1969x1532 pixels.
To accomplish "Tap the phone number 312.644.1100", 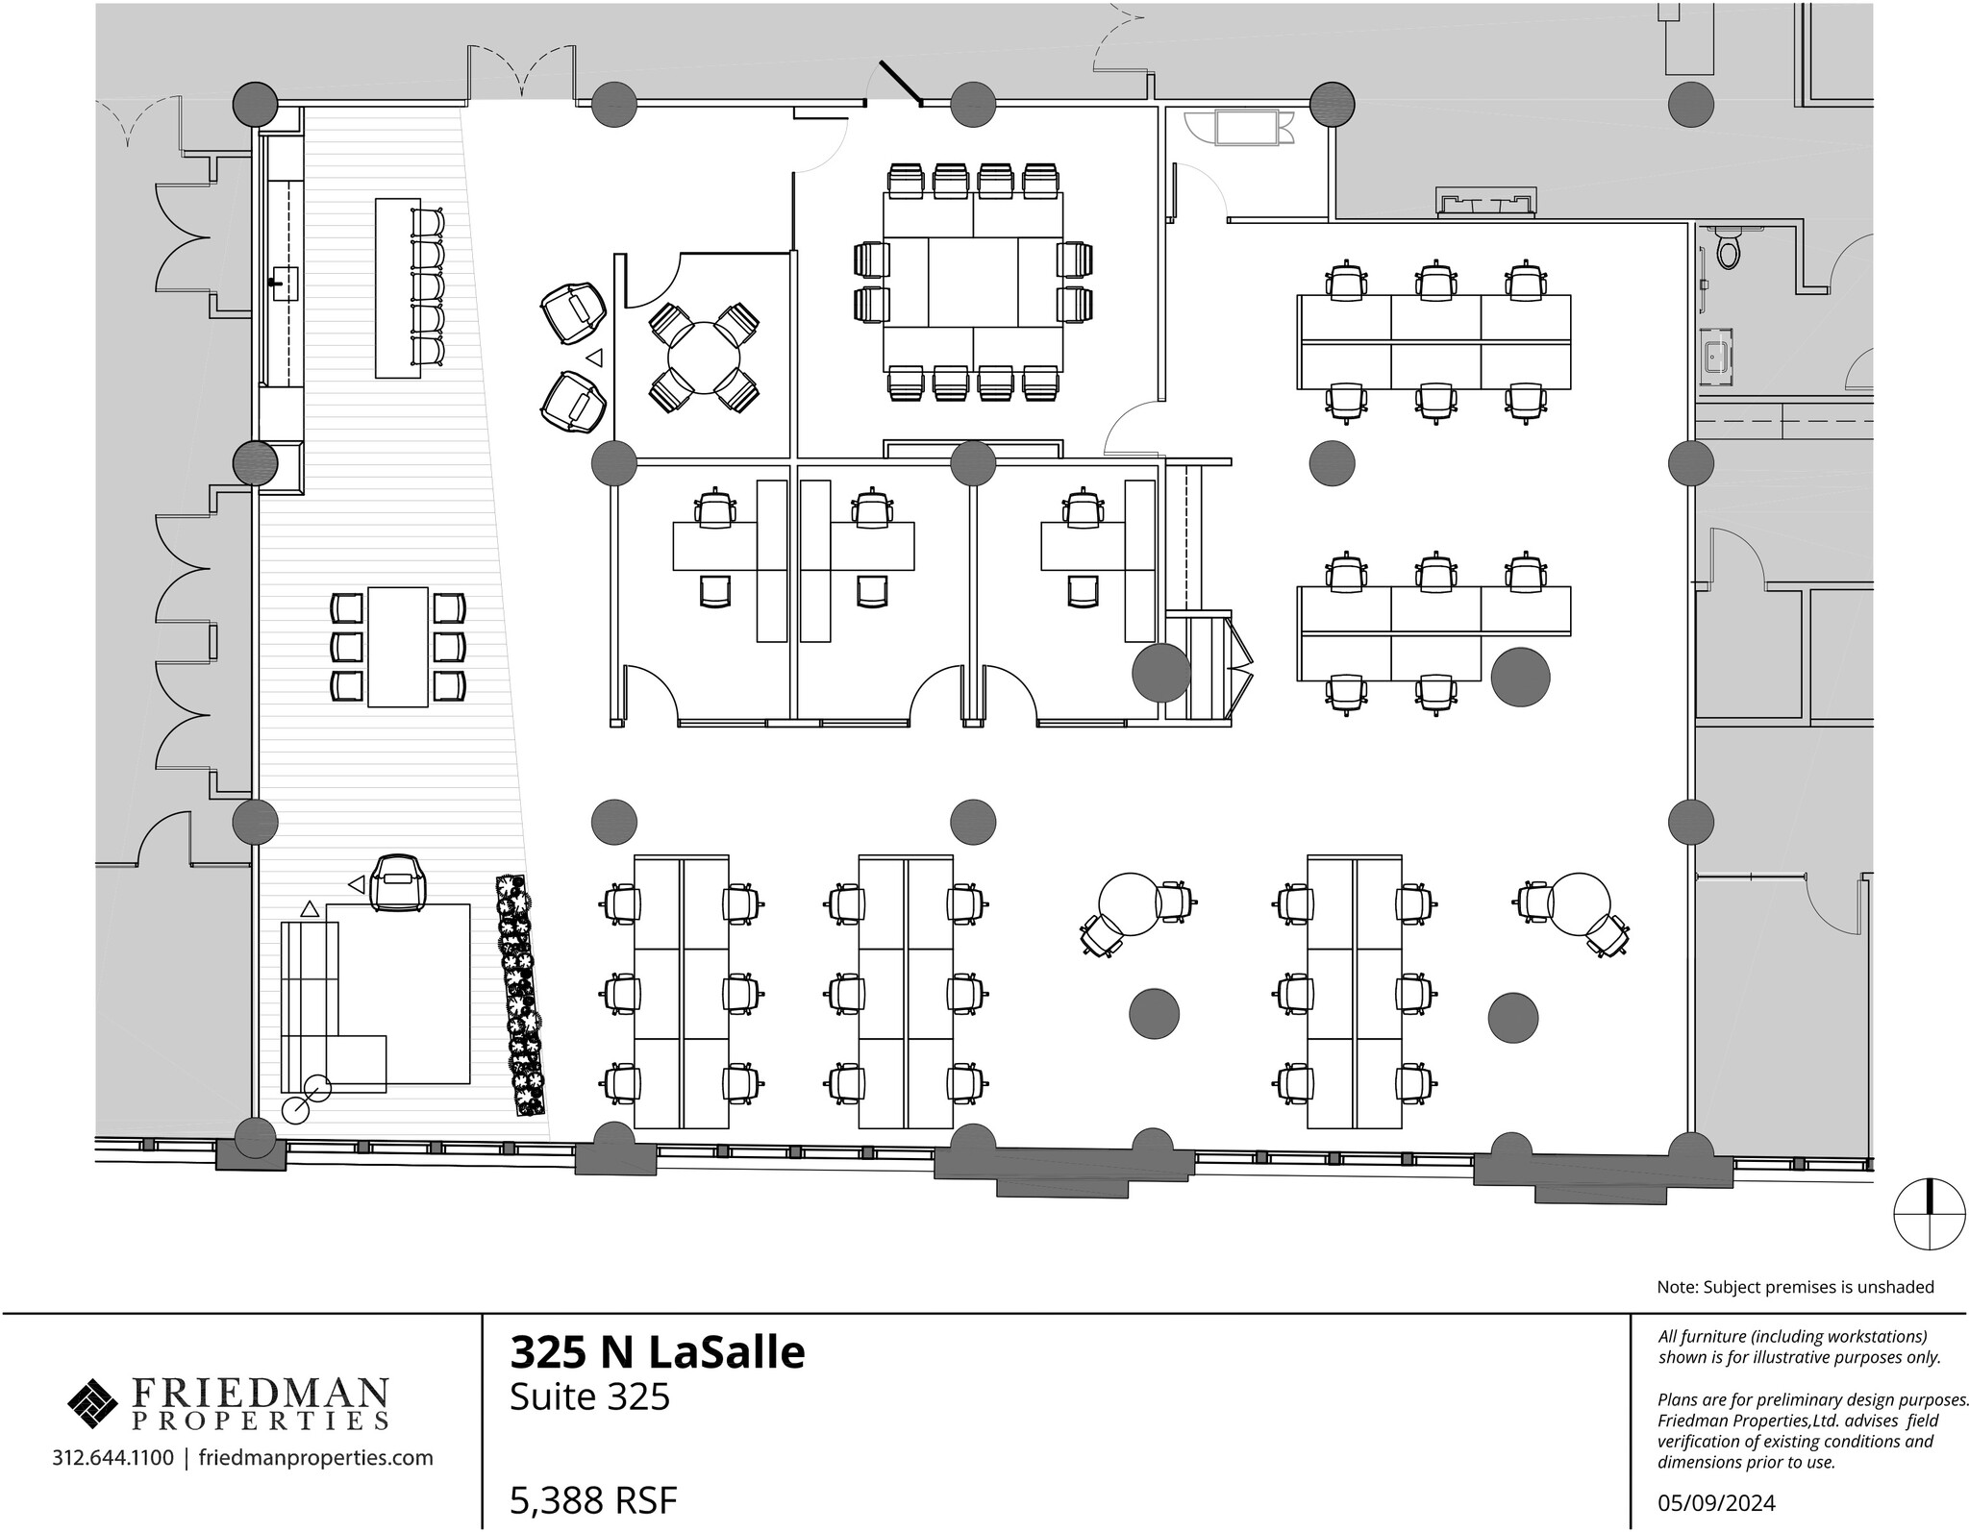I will tap(113, 1458).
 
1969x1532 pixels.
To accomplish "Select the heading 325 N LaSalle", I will tap(657, 1351).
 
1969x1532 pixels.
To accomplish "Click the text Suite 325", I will tap(588, 1396).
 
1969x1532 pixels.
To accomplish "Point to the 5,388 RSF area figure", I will tap(593, 1499).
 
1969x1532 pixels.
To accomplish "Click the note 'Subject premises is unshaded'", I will tap(1795, 1287).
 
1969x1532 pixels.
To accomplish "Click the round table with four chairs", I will tap(704, 357).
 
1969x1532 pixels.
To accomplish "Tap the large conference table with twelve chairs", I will tap(973, 282).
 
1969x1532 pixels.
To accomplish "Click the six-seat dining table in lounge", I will tap(398, 646).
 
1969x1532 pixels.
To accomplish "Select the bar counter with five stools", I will tap(397, 286).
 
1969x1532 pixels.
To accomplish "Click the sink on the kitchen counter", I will tap(285, 284).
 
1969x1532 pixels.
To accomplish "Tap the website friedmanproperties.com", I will tap(315, 1458).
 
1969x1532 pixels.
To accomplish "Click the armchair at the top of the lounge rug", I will tap(398, 881).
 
